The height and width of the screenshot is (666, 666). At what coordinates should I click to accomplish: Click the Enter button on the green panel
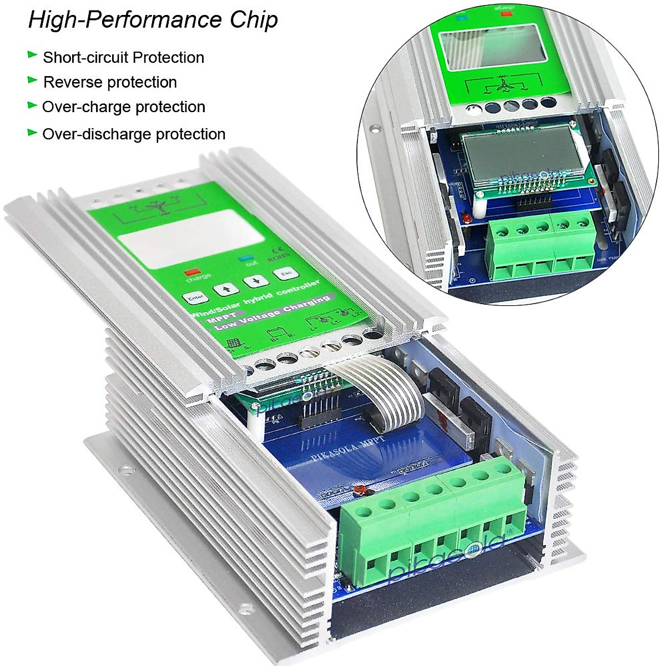(x=195, y=299)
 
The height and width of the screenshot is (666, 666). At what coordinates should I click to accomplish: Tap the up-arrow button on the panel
(x=226, y=289)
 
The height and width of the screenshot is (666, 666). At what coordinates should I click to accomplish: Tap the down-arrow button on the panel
(x=256, y=281)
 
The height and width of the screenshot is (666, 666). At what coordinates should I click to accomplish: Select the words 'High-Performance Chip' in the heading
(x=153, y=20)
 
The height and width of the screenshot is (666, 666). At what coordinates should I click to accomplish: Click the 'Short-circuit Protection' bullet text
(x=123, y=58)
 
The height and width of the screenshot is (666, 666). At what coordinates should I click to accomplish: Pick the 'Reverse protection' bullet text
(x=110, y=82)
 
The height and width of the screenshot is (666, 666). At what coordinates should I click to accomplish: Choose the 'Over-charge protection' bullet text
(x=123, y=107)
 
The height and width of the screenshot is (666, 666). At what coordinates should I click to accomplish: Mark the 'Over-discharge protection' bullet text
(x=134, y=134)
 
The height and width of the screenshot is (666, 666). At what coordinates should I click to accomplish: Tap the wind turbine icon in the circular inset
(x=503, y=87)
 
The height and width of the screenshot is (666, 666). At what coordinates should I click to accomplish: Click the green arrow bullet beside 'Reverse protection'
(x=32, y=81)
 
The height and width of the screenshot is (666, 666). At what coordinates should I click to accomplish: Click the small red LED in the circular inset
(x=468, y=215)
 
